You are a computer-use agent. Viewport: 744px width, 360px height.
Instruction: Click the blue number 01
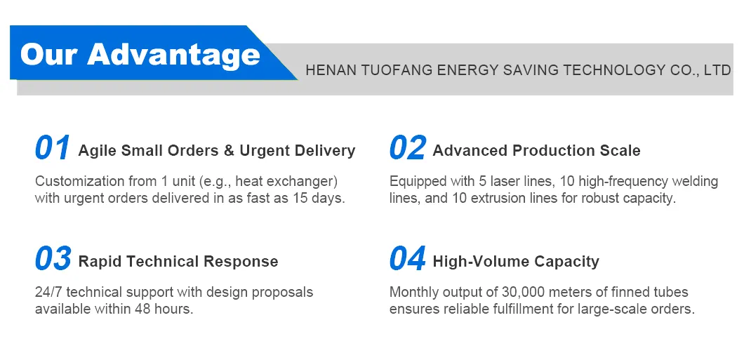pos(53,148)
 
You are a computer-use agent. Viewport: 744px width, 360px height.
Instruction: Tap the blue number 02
pos(407,148)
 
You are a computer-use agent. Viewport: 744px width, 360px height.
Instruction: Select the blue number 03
pos(53,259)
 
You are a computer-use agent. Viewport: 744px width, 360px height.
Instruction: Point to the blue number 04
pos(407,259)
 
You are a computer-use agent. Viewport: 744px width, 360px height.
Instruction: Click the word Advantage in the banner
pos(173,54)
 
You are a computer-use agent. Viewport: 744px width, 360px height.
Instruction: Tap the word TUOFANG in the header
pos(396,70)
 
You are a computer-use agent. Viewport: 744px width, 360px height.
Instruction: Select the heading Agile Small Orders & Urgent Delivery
pos(217,151)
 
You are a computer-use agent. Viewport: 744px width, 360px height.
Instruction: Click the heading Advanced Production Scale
pos(536,151)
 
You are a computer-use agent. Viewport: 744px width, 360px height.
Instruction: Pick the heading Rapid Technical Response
pos(178,262)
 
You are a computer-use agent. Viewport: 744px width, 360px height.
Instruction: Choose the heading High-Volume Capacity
pos(516,262)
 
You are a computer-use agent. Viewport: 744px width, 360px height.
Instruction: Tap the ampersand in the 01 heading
pos(228,151)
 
